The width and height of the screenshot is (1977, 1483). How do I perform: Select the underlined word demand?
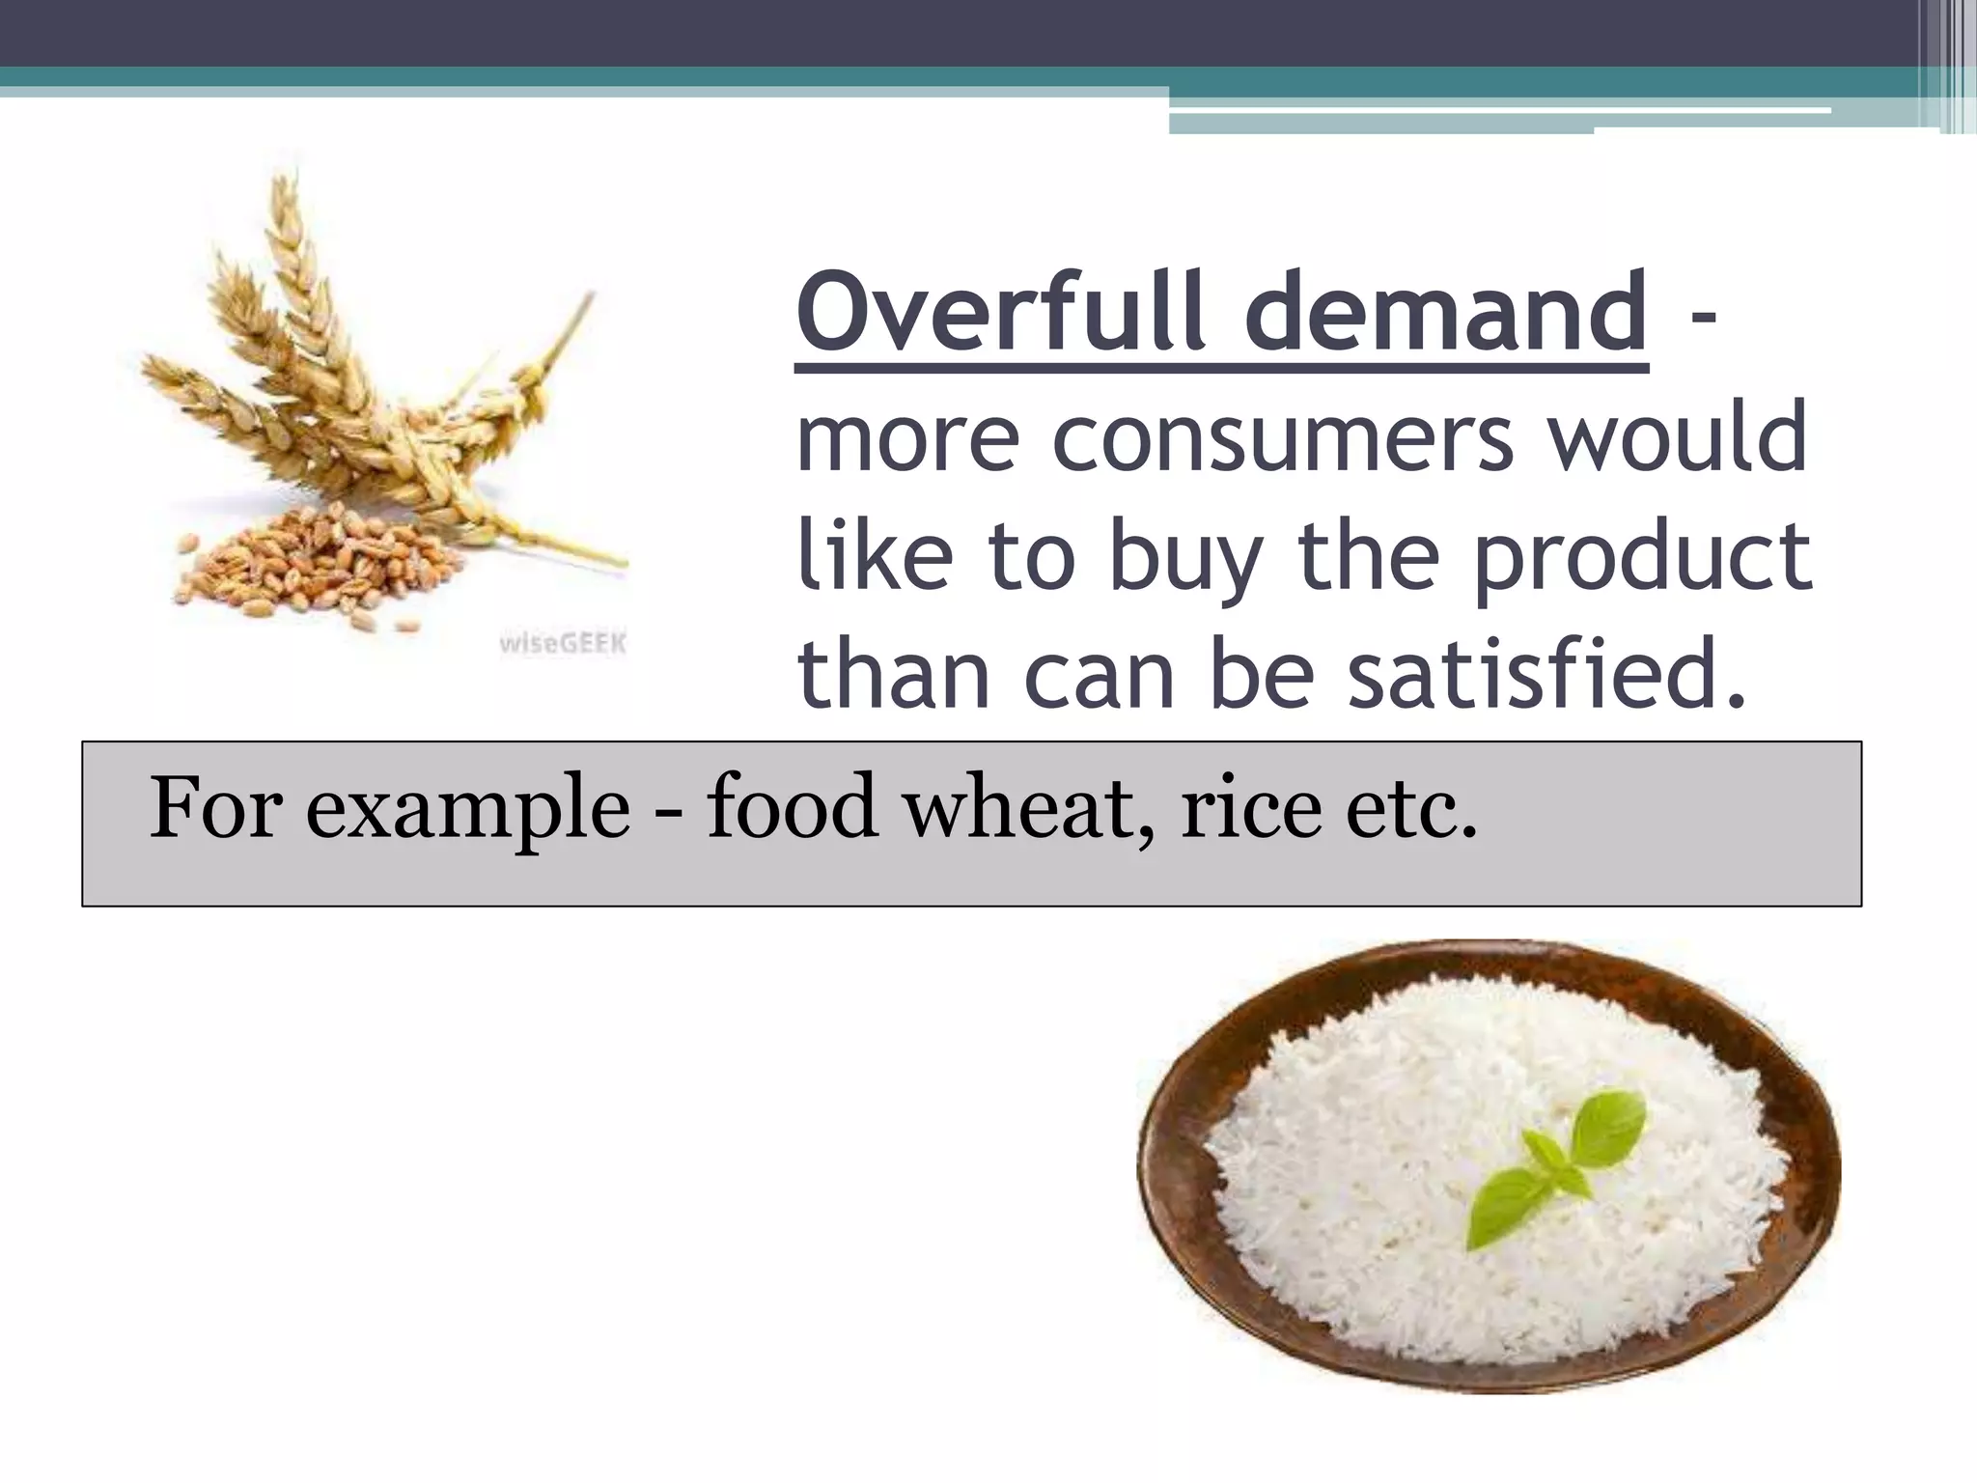pyautogui.click(x=1445, y=312)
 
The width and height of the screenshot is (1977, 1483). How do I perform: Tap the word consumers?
pyautogui.click(x=1283, y=439)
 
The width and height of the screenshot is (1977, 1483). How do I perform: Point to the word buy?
pyautogui.click(x=1186, y=560)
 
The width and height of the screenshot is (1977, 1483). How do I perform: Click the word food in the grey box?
pyautogui.click(x=792, y=806)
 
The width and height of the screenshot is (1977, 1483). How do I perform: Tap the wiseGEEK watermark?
pyautogui.click(x=563, y=643)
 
